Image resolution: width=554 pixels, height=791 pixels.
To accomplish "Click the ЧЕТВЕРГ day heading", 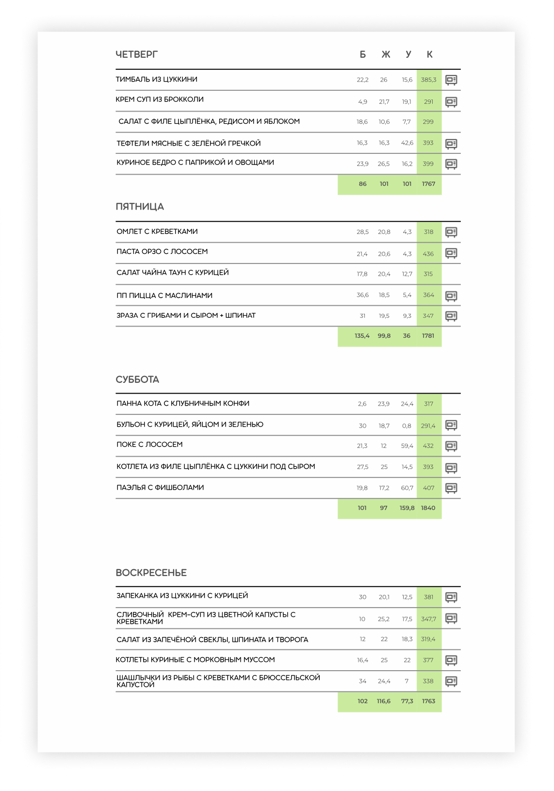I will click(x=137, y=54).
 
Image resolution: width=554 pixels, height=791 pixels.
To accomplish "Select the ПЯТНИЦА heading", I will click(x=140, y=207).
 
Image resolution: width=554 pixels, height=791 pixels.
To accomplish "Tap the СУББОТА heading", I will click(x=137, y=379).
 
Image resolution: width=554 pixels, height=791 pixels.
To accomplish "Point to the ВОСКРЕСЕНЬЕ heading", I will click(x=151, y=573).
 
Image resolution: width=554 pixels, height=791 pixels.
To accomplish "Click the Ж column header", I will click(x=386, y=54).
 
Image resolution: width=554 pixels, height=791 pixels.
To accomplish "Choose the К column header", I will click(x=429, y=54).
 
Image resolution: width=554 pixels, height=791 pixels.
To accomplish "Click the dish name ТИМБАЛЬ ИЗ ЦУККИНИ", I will click(x=156, y=80).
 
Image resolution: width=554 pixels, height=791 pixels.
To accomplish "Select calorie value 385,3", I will click(x=428, y=80).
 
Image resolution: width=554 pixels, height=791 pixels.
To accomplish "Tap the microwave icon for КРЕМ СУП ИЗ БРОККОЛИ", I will click(x=451, y=102).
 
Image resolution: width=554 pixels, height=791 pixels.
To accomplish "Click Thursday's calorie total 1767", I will click(x=428, y=184).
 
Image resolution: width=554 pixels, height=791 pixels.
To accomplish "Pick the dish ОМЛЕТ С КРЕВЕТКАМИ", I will click(x=157, y=231).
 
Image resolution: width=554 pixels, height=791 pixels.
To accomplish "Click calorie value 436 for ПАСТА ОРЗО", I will click(x=428, y=254).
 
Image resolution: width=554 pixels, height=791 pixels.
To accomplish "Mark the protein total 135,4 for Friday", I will click(x=362, y=336).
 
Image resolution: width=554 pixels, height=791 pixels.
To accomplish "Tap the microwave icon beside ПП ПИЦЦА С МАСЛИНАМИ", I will click(x=451, y=296).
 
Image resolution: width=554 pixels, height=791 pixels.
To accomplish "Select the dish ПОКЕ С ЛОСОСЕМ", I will click(x=149, y=445).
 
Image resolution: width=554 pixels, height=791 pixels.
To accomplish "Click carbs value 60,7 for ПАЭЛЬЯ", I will click(x=407, y=488).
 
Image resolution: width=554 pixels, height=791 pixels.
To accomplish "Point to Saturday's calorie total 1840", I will click(x=428, y=508).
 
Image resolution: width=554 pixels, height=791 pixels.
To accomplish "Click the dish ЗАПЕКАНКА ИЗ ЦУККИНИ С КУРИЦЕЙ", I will click(x=182, y=596).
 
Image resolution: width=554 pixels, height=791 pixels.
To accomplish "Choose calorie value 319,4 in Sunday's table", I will click(x=428, y=640).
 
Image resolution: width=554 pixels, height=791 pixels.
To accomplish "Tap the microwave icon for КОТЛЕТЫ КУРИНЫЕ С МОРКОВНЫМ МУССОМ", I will click(x=451, y=660).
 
